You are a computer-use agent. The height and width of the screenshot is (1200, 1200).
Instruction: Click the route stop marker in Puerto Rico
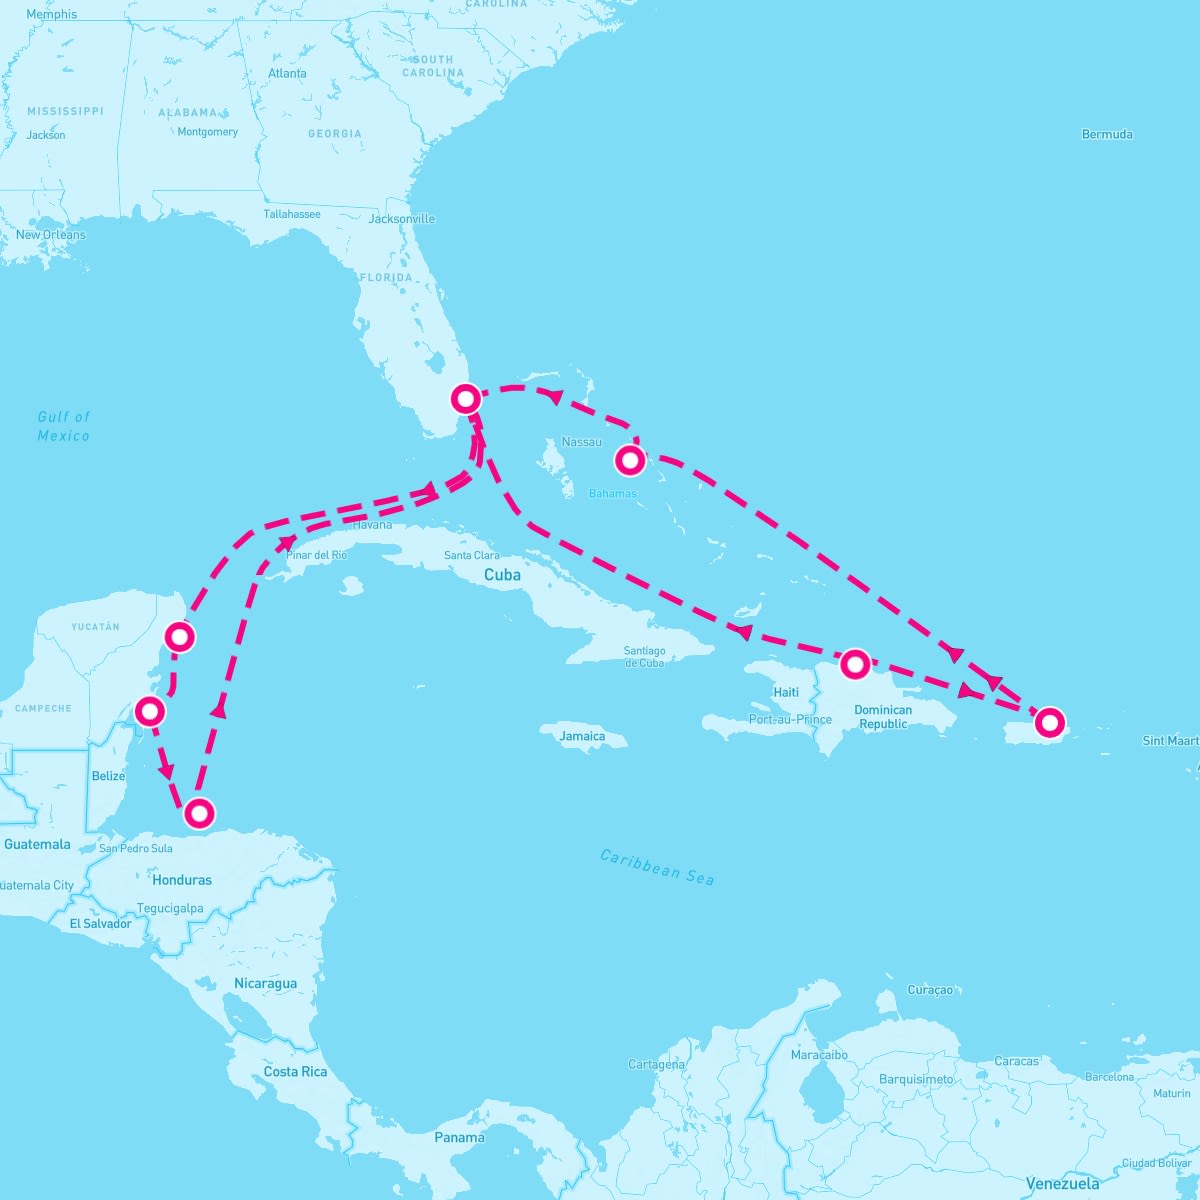pyautogui.click(x=1049, y=721)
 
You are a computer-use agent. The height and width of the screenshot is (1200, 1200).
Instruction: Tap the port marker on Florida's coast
pyautogui.click(x=466, y=398)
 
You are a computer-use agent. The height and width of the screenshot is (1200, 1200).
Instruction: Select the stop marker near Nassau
pyautogui.click(x=629, y=460)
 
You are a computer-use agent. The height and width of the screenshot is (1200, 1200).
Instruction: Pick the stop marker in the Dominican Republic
pyautogui.click(x=854, y=663)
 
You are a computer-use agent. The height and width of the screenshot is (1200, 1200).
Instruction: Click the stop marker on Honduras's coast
pyautogui.click(x=200, y=813)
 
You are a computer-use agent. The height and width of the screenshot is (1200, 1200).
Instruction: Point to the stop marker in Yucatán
pyautogui.click(x=179, y=636)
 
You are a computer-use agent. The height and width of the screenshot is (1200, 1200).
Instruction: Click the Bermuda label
pyautogui.click(x=1107, y=134)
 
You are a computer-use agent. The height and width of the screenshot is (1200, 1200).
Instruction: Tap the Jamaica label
pyautogui.click(x=582, y=736)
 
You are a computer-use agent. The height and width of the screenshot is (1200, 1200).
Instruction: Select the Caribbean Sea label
pyautogui.click(x=657, y=866)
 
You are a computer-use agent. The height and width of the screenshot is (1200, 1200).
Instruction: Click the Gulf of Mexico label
pyautogui.click(x=64, y=426)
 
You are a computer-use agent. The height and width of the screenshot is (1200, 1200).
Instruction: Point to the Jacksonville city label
pyautogui.click(x=402, y=219)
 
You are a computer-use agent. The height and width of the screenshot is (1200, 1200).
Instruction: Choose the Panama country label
pyautogui.click(x=459, y=1137)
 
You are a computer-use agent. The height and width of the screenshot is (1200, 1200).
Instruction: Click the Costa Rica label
pyautogui.click(x=295, y=1071)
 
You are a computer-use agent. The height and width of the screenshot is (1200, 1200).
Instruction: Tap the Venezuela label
pyautogui.click(x=1062, y=1184)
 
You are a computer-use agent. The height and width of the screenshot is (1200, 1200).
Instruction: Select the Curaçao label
pyautogui.click(x=930, y=990)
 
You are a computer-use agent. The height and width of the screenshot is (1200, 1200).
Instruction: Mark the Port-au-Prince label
pyautogui.click(x=790, y=719)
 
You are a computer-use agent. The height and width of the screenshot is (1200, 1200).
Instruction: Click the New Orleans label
pyautogui.click(x=51, y=235)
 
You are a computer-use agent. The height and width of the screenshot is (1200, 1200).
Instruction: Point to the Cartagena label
pyautogui.click(x=656, y=1064)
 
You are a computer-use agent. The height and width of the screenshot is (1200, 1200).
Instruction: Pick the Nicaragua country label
pyautogui.click(x=265, y=983)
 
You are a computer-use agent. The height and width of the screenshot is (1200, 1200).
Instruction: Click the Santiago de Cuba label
pyautogui.click(x=644, y=657)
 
